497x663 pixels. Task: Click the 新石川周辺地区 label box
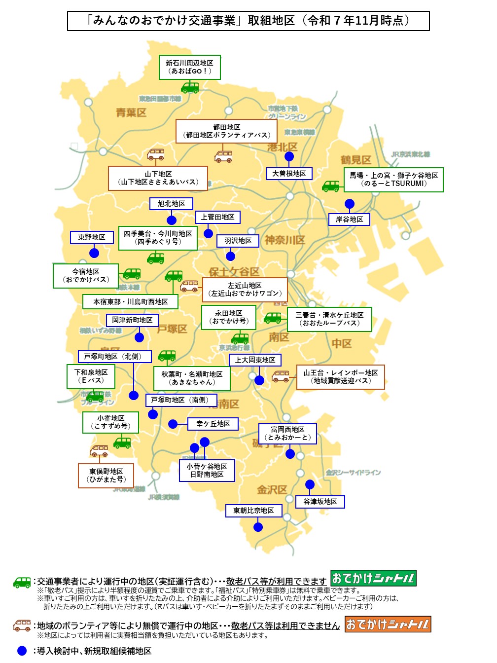click(189, 67)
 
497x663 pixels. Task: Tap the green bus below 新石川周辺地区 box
click(190, 88)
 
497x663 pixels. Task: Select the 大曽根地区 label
click(289, 174)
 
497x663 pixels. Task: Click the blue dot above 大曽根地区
click(289, 157)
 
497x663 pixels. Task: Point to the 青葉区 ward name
click(131, 113)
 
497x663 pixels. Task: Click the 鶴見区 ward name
click(355, 160)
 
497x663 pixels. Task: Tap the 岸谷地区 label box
click(349, 220)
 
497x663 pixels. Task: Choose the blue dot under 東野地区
click(94, 253)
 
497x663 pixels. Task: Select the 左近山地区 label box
click(245, 290)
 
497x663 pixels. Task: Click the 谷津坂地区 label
click(320, 502)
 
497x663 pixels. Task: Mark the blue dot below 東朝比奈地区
click(258, 527)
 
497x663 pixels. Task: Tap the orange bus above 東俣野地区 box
click(100, 451)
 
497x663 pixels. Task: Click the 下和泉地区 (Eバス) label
click(91, 376)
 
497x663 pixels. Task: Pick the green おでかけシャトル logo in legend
click(373, 578)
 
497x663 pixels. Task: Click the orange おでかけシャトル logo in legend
click(388, 625)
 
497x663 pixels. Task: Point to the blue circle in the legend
click(22, 651)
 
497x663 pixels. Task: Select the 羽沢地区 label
click(238, 241)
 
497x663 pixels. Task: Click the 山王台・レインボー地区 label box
click(340, 377)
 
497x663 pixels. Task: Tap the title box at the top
click(248, 21)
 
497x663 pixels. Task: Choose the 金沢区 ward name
click(272, 490)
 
